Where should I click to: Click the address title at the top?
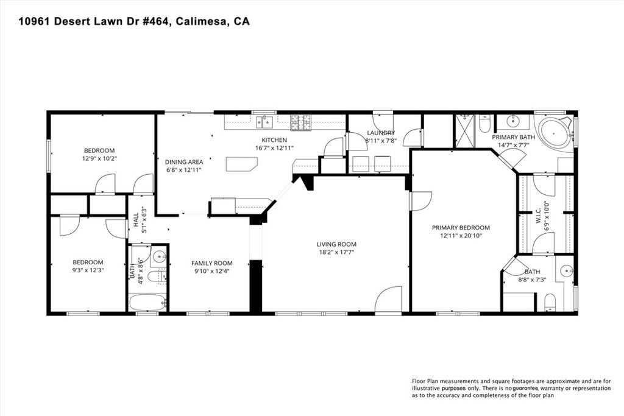pos(134,21)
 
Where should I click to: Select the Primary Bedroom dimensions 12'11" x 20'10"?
pos(461,236)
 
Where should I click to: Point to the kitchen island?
pos(241,165)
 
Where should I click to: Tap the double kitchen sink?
pos(264,122)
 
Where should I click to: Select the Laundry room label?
pos(380,133)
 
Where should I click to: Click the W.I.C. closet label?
pos(539,213)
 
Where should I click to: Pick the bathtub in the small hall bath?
pos(147,302)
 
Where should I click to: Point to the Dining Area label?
pos(184,162)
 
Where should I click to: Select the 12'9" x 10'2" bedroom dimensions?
pos(99,158)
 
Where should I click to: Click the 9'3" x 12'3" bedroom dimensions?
pos(88,270)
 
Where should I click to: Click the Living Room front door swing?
pos(388,300)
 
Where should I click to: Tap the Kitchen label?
pos(274,140)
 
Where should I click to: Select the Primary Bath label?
pos(514,137)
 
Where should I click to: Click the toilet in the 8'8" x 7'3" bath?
pos(550,302)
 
